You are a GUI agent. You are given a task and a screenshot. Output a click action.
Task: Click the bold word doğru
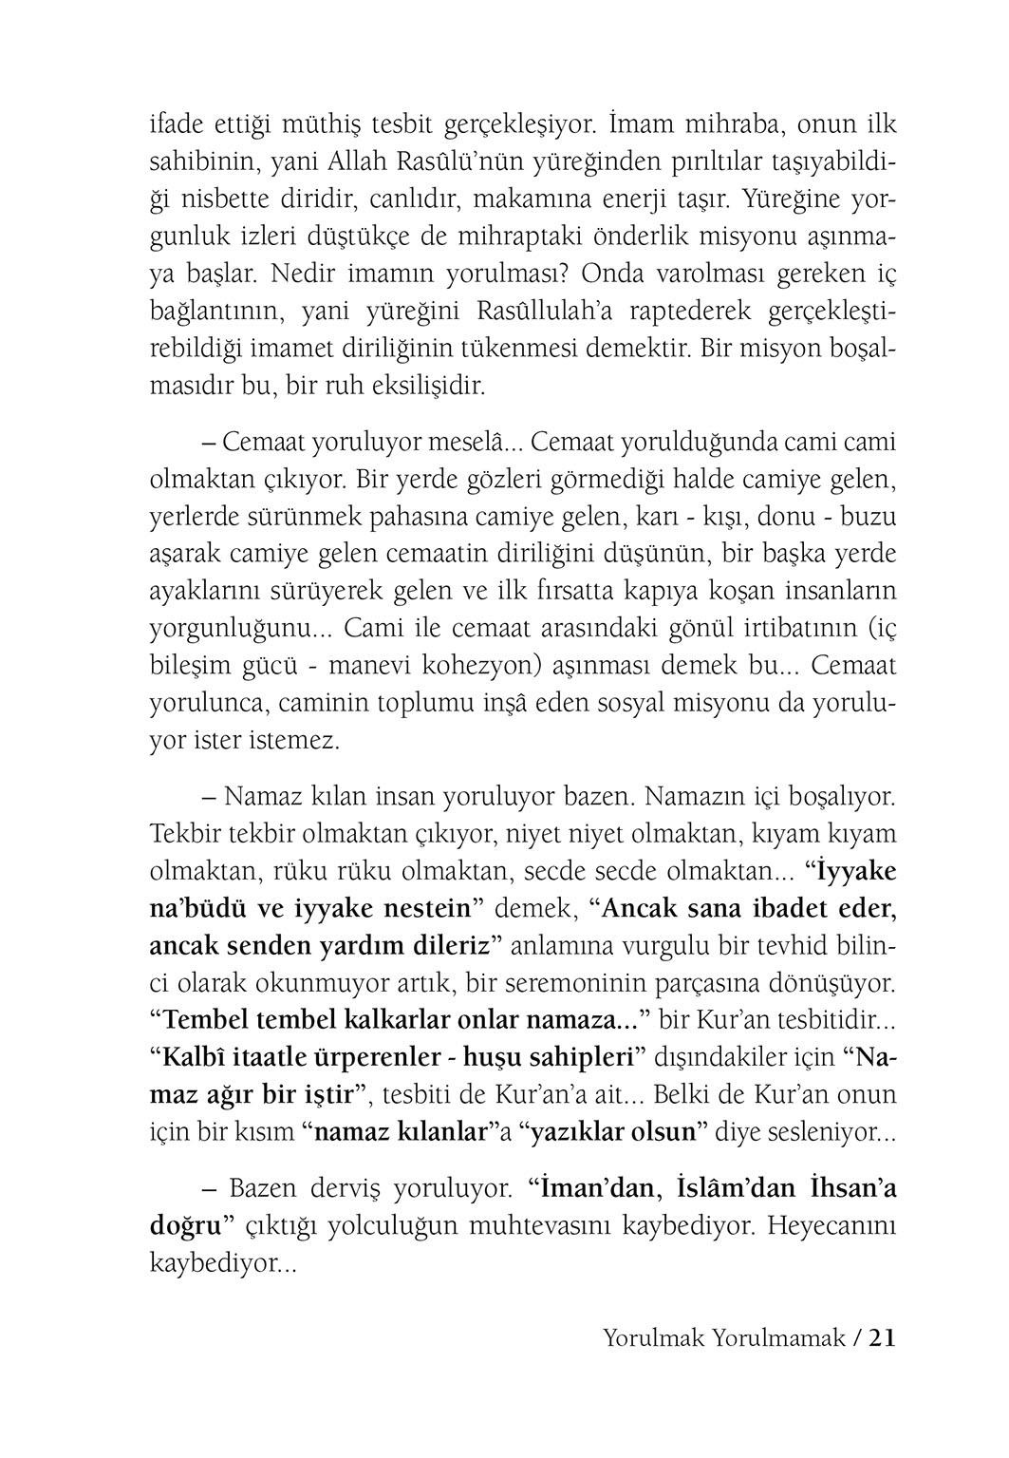[x=185, y=1225]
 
